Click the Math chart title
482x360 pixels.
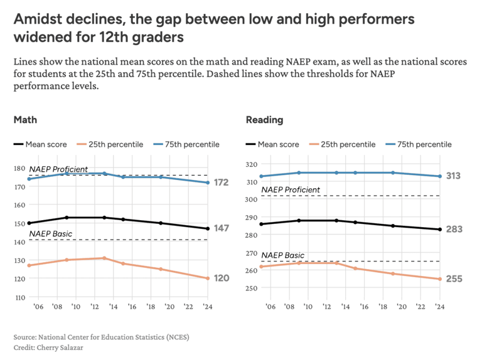click(x=25, y=120)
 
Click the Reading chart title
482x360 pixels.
click(x=264, y=120)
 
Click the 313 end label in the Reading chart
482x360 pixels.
click(x=454, y=176)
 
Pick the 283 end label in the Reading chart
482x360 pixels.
click(x=454, y=230)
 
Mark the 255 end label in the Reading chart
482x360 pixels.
click(x=454, y=278)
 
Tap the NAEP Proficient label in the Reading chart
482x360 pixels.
click(x=290, y=189)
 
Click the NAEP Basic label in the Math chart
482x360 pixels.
click(x=48, y=234)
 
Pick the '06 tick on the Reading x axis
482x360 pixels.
click(x=270, y=306)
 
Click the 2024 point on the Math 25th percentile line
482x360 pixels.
click(x=208, y=278)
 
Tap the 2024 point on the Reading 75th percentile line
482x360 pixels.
click(x=439, y=176)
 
